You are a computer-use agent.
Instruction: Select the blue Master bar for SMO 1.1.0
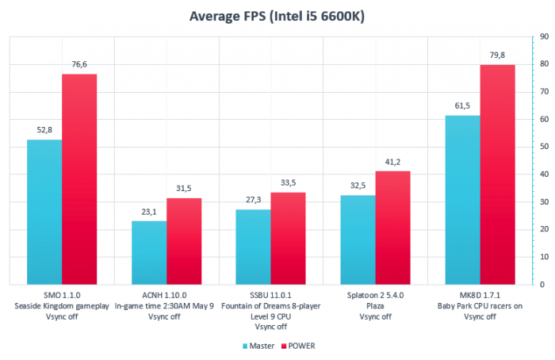point(44,212)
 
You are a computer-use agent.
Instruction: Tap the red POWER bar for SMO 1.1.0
point(79,179)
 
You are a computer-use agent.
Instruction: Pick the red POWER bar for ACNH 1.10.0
point(184,241)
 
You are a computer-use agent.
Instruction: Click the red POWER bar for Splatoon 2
point(392,228)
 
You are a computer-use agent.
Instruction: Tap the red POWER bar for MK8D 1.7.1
point(497,174)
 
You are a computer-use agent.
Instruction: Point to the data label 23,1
point(149,213)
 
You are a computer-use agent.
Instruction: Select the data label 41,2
point(392,163)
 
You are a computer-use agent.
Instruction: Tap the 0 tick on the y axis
point(542,284)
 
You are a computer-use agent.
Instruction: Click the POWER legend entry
point(304,346)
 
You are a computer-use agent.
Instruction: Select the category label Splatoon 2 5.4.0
point(375,294)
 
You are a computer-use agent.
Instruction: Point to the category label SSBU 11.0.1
point(270,294)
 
